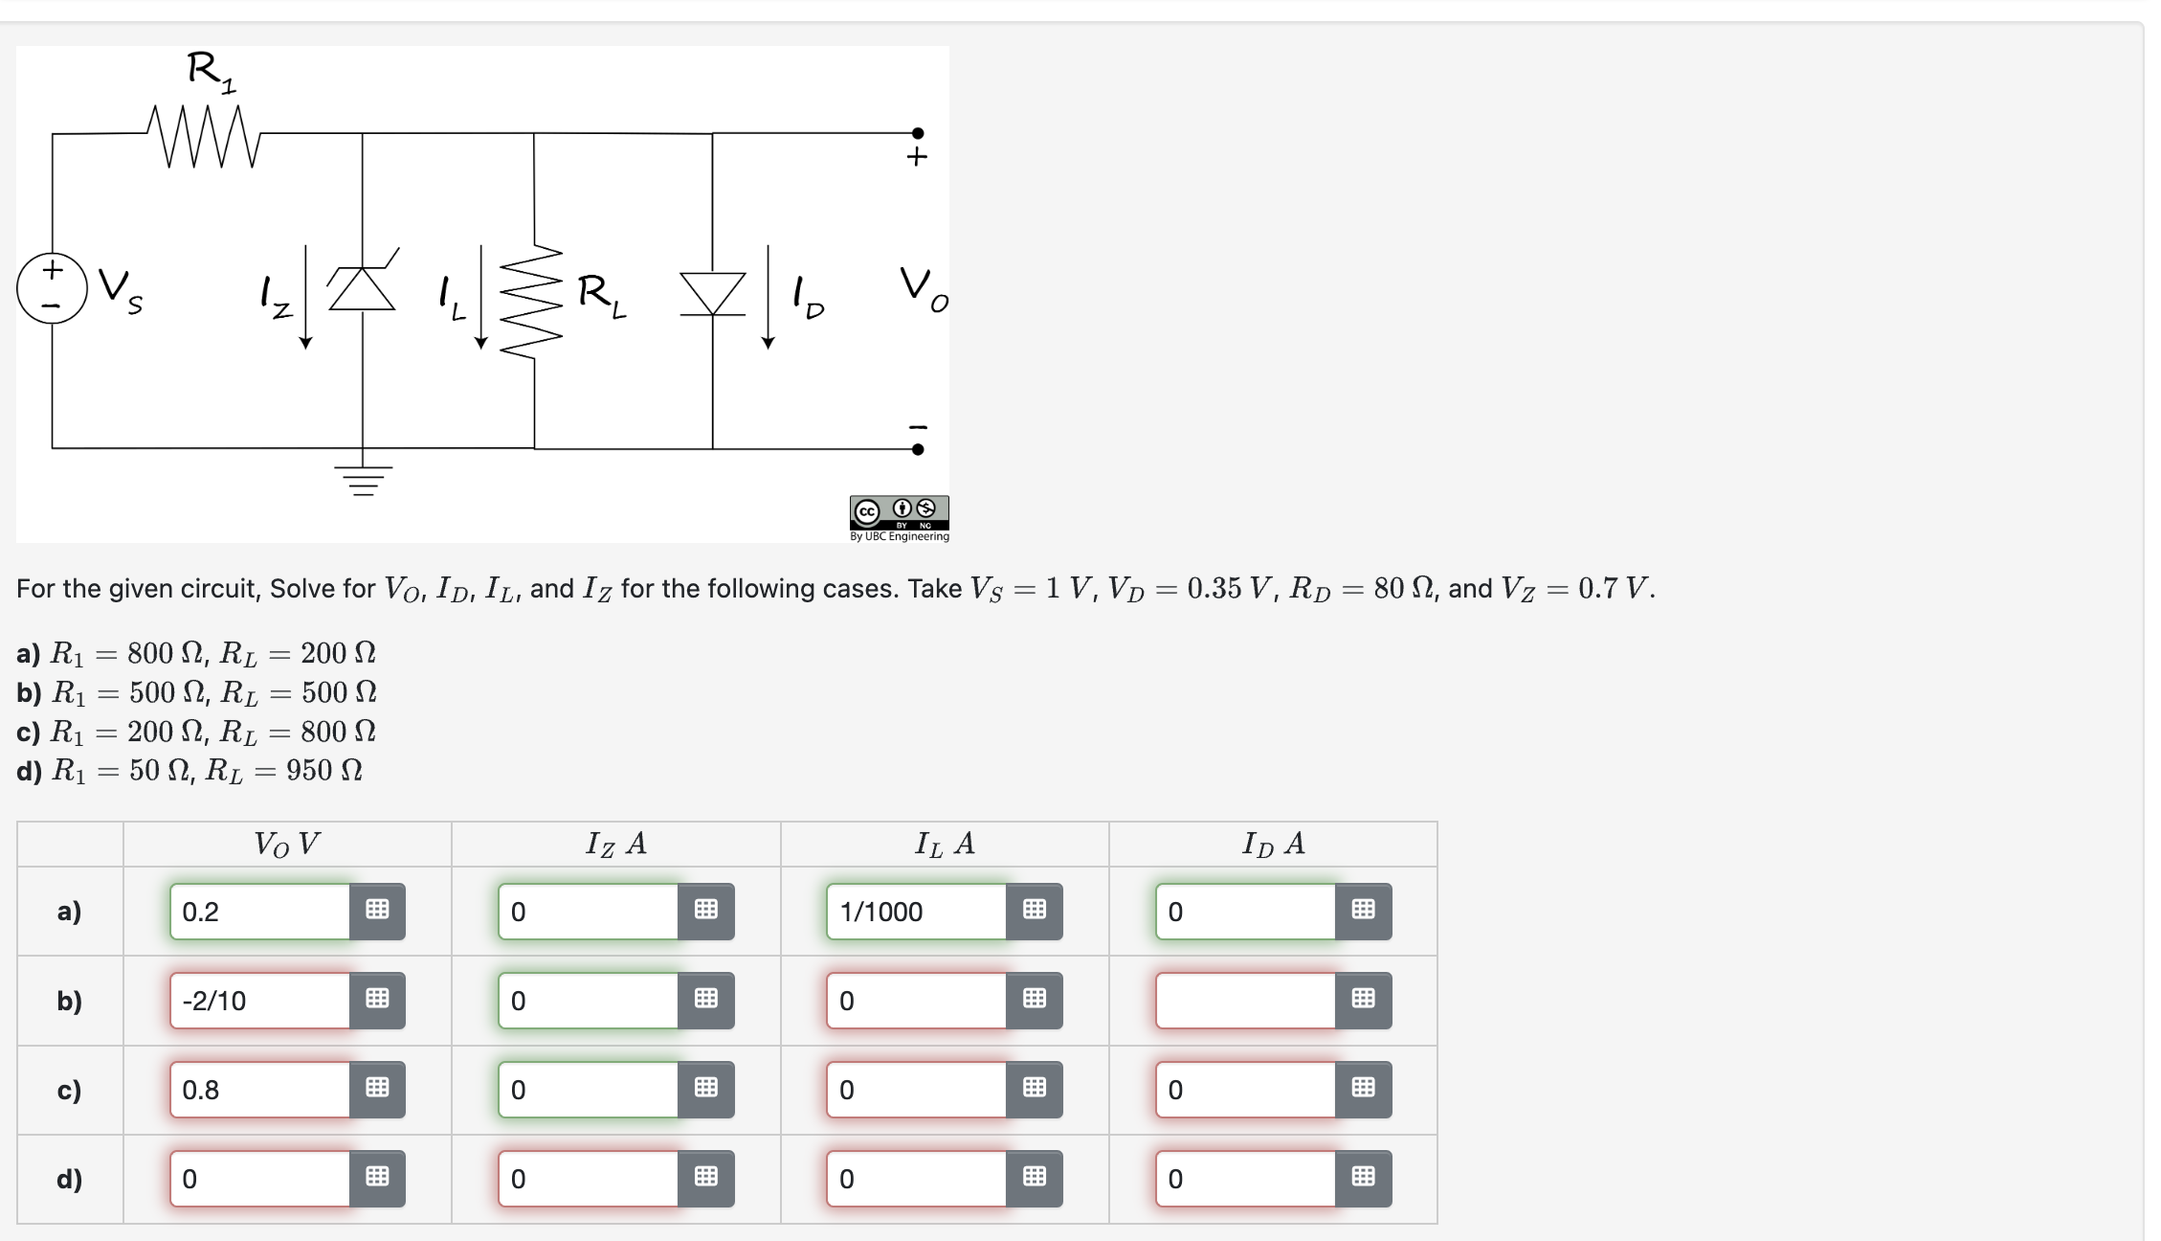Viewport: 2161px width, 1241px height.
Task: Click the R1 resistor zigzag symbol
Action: (x=204, y=137)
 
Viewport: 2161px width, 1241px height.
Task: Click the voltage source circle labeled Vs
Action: (x=52, y=288)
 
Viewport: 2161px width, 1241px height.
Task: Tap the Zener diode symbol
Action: (x=362, y=287)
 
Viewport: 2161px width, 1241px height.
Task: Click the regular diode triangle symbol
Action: (x=712, y=292)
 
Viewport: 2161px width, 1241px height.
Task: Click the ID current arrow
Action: (x=768, y=297)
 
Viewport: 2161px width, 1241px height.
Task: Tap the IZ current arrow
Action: (x=305, y=297)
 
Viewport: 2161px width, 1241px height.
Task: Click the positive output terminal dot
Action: (x=917, y=133)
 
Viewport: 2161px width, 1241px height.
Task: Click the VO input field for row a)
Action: (x=260, y=912)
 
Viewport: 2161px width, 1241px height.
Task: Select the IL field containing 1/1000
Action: (x=917, y=912)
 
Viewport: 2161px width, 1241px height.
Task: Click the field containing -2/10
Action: (x=260, y=1001)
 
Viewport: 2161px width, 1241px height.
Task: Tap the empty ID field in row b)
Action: (x=1245, y=1001)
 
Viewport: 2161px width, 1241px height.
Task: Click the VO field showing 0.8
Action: (x=260, y=1090)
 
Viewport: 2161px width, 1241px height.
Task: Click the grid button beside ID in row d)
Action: (x=1363, y=1178)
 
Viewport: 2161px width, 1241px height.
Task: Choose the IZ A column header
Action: (x=615, y=844)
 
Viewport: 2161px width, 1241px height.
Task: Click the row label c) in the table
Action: (x=69, y=1090)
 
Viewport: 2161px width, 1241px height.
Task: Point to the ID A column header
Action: (x=1272, y=844)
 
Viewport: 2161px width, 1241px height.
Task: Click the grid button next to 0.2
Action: (x=377, y=911)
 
